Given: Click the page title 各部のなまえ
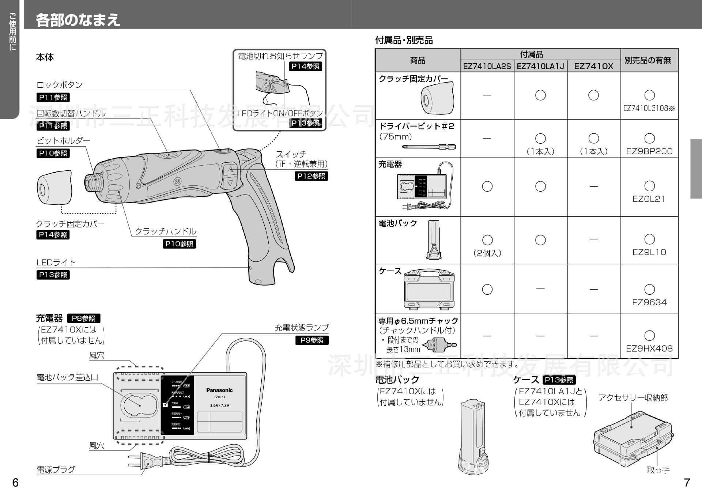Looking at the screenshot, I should pyautogui.click(x=78, y=20).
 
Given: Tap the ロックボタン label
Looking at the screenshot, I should pyautogui.click(x=60, y=85).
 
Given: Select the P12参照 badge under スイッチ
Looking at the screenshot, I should pyautogui.click(x=311, y=176).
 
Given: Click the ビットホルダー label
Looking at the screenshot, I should pyautogui.click(x=63, y=141).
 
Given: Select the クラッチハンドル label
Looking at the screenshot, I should pyautogui.click(x=166, y=231).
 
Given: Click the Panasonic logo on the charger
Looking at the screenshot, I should pyautogui.click(x=219, y=390).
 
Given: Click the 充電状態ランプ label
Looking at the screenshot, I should pyautogui.click(x=302, y=328).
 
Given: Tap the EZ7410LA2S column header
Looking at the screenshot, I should pyautogui.click(x=487, y=66).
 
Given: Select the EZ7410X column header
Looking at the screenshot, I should pyautogui.click(x=593, y=66).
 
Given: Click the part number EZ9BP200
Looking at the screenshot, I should pyautogui.click(x=649, y=151).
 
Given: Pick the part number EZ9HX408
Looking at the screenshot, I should pyautogui.click(x=649, y=348).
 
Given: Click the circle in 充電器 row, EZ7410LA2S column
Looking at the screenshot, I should pyautogui.click(x=487, y=186).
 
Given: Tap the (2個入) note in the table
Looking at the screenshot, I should pyautogui.click(x=487, y=253).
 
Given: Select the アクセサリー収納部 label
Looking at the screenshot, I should pyautogui.click(x=633, y=398).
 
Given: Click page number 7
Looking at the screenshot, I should pyautogui.click(x=687, y=483).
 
